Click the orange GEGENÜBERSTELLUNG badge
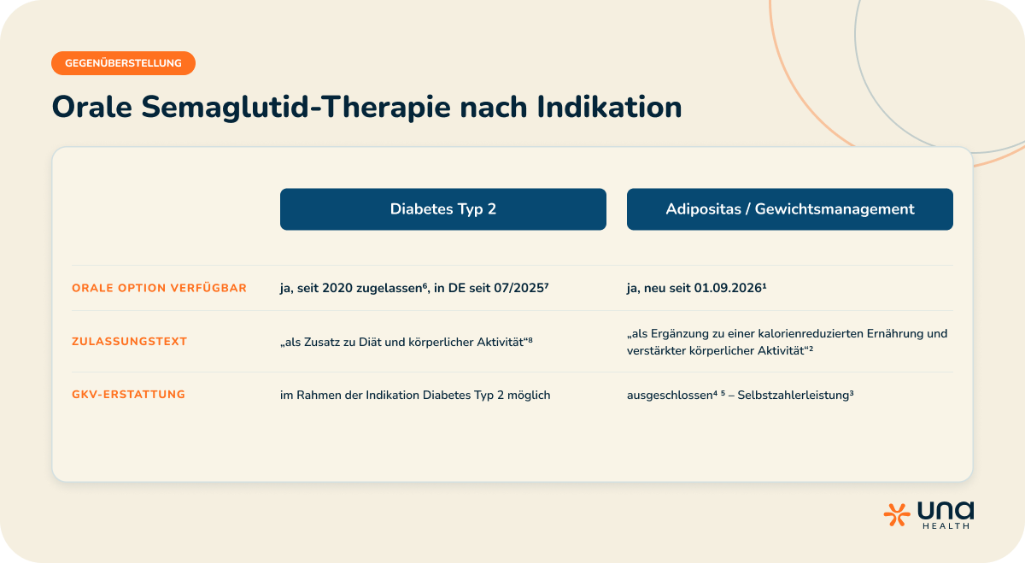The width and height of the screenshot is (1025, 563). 123,63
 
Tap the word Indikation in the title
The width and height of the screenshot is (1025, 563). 609,107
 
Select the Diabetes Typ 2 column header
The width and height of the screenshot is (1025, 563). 443,209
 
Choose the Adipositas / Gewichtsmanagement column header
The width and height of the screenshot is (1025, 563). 790,209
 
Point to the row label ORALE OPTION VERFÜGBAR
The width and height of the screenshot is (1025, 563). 159,288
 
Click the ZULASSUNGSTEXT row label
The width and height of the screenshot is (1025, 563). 130,342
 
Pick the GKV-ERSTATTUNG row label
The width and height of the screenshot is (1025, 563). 129,395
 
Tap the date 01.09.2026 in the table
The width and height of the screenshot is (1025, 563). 728,288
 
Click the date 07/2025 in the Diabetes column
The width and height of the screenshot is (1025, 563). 518,288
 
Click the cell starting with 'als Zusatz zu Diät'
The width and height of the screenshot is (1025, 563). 407,342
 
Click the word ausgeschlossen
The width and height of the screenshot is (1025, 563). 670,395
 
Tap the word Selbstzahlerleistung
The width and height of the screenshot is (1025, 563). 793,395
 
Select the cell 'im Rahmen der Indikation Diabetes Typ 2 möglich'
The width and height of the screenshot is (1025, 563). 415,395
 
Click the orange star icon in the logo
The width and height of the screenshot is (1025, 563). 896,515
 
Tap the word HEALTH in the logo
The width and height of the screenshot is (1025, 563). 946,526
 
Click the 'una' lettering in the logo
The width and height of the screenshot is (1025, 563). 946,510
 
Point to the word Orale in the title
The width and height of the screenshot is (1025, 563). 92,107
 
